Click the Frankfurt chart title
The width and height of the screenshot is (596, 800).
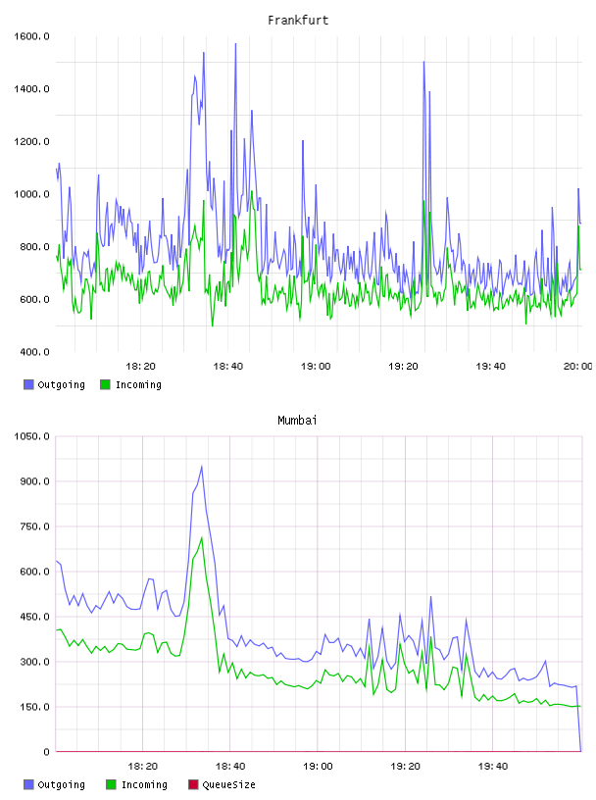pos(298,21)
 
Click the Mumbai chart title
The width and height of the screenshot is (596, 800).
pos(297,421)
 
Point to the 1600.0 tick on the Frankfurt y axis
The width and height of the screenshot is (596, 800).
pos(31,36)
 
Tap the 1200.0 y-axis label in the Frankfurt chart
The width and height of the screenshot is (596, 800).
pos(31,141)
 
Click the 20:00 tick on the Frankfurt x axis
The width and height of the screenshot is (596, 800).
pos(577,366)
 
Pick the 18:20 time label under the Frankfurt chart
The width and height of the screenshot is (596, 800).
pos(140,366)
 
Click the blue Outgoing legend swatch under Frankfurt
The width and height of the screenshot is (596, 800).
pos(28,384)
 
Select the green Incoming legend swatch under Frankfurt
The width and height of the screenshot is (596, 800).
pos(105,384)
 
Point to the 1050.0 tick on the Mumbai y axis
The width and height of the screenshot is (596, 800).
pos(31,436)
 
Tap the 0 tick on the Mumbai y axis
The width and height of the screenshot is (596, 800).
pos(46,752)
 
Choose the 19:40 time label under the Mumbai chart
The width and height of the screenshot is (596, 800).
pos(493,766)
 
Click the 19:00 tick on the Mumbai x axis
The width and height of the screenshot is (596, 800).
pos(318,766)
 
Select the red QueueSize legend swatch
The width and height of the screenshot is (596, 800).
pos(193,784)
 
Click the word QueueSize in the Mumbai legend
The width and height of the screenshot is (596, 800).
pos(228,784)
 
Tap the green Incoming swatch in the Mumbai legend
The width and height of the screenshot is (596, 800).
pos(111,784)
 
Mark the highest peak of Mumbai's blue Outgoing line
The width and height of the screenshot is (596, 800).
pos(202,466)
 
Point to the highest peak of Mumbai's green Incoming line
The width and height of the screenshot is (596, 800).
pos(202,537)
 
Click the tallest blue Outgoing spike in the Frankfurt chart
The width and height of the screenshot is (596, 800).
pos(235,44)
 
